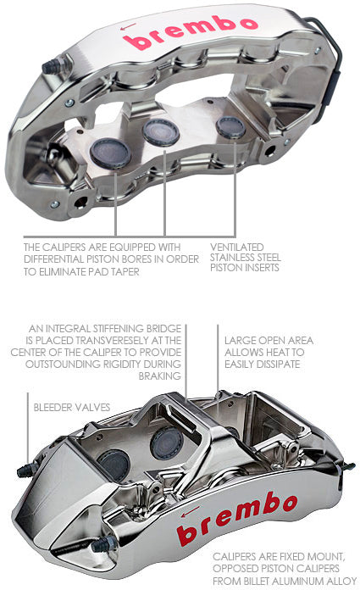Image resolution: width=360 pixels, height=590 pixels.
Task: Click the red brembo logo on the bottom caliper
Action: pyautogui.click(x=237, y=518)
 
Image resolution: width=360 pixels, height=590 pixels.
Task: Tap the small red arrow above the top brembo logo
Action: pyautogui.click(x=128, y=27)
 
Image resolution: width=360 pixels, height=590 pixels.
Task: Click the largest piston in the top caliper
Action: pyautogui.click(x=110, y=153)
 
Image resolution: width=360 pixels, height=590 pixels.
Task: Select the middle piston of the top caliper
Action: pyautogui.click(x=161, y=132)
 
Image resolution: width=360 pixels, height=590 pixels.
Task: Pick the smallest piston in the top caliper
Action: pyautogui.click(x=230, y=127)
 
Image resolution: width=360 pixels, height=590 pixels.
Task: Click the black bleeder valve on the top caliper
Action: pyautogui.click(x=52, y=66)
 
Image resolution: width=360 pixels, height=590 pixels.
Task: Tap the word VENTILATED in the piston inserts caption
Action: pyautogui.click(x=237, y=248)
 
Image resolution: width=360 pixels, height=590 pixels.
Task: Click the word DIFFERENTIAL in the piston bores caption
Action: pyautogui.click(x=54, y=259)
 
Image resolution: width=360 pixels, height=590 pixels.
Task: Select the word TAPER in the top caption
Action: pyautogui.click(x=125, y=271)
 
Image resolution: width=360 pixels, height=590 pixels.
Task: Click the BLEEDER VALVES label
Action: pyautogui.click(x=72, y=407)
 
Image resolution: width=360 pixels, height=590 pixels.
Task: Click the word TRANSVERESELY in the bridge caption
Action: pyautogui.click(x=112, y=341)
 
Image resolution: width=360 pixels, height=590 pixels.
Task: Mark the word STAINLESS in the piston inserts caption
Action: pyautogui.click(x=230, y=258)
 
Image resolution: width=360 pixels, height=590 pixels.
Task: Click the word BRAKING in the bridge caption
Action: pyautogui.click(x=159, y=376)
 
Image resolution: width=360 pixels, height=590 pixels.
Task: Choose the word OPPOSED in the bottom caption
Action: pyautogui.click(x=233, y=569)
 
